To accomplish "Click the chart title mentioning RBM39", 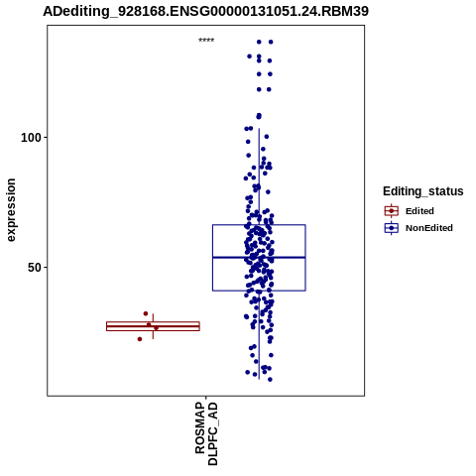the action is point(205,11).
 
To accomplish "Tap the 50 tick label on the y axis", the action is point(35,268).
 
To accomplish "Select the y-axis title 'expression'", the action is point(11,210).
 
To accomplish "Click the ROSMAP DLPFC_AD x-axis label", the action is point(206,433).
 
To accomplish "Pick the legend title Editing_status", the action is point(423,191).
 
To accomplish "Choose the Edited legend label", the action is point(419,211).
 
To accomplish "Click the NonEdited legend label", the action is point(429,228).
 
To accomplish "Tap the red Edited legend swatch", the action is point(392,211).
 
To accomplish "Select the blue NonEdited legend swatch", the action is point(392,228).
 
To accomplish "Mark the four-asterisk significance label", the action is point(206,41).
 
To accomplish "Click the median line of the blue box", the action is point(259,257).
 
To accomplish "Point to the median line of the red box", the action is point(153,326).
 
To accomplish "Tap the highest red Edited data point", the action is point(146,313).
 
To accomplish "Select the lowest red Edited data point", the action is point(140,339).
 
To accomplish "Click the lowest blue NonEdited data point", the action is point(270,380).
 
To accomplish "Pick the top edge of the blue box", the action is point(259,225).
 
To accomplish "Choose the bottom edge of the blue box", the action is point(259,291).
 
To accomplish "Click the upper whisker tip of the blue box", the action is point(259,129).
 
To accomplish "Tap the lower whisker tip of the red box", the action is point(153,338).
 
